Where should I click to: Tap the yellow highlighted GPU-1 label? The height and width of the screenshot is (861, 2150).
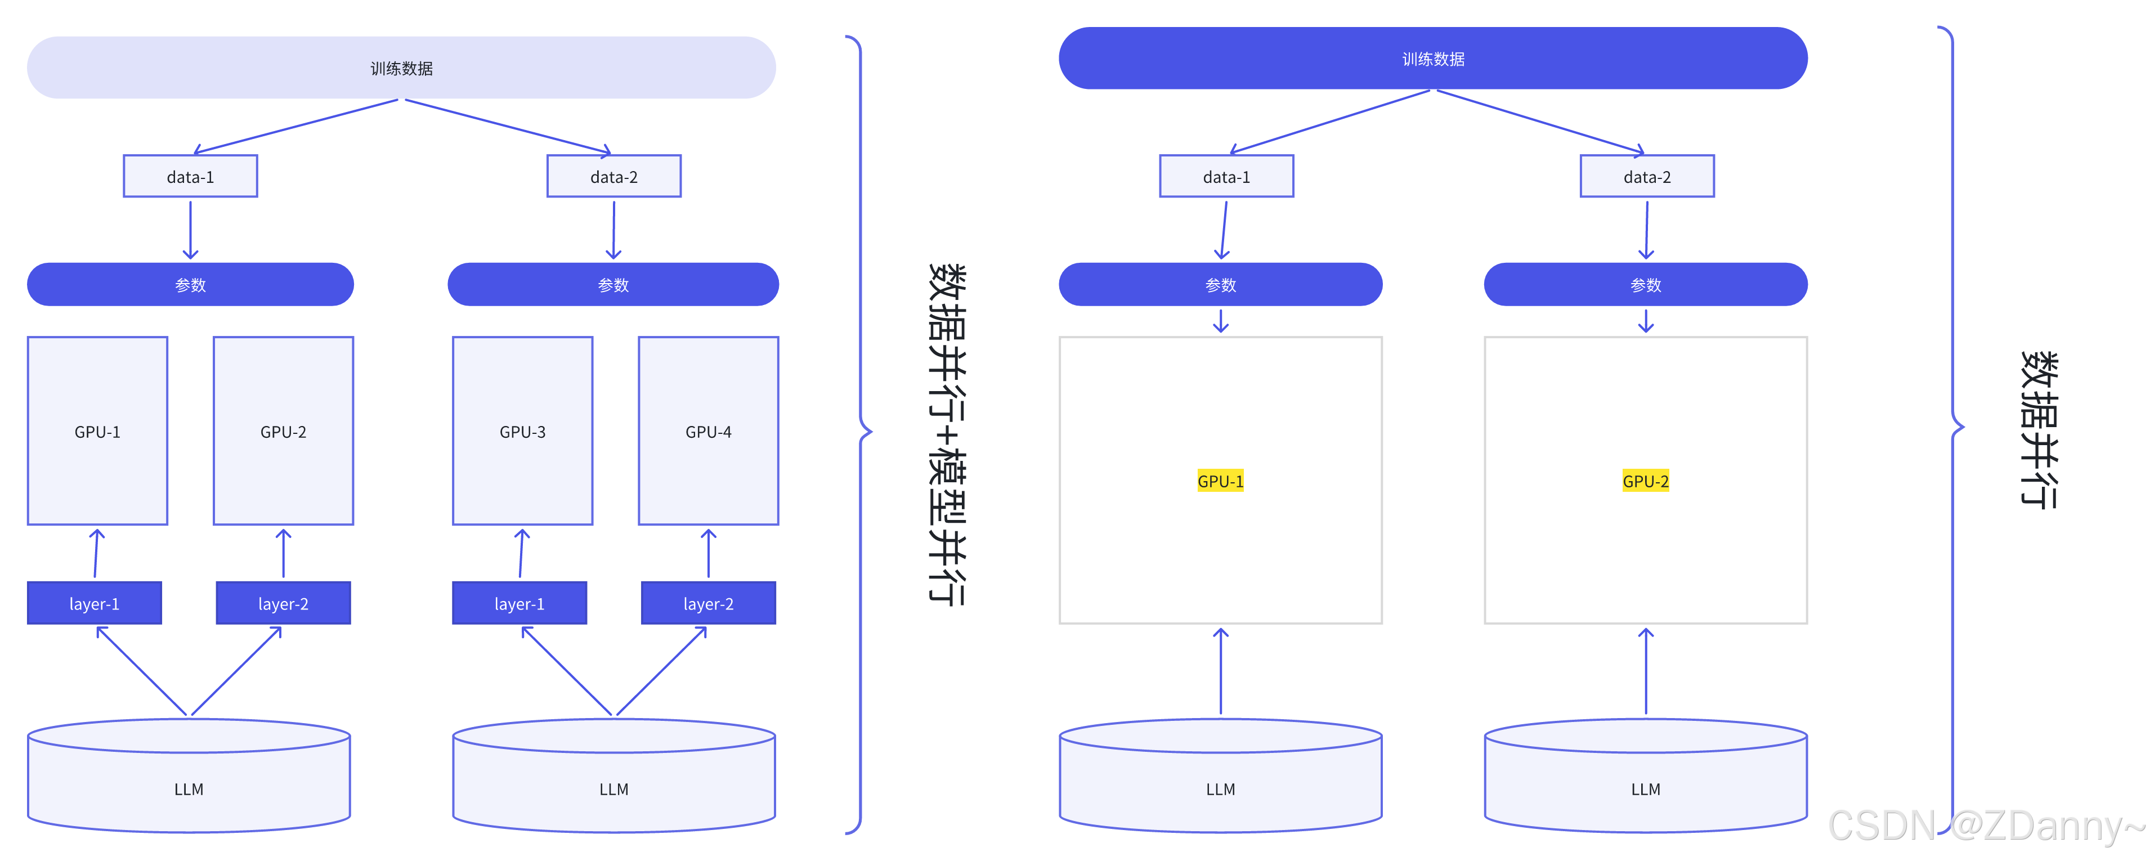1220,481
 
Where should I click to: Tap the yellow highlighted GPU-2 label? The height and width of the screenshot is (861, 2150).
1645,481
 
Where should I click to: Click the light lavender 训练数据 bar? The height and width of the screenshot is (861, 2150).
401,68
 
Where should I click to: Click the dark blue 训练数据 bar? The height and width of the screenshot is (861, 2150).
1432,59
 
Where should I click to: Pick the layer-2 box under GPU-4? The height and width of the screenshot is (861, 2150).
708,603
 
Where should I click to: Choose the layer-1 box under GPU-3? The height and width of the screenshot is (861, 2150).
519,603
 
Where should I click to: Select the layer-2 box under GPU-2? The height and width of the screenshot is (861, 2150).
283,603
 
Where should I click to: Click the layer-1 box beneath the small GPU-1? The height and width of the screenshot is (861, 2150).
95,603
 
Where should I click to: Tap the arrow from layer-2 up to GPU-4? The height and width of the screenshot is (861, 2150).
709,553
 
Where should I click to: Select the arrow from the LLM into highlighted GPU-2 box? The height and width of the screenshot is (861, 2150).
1646,671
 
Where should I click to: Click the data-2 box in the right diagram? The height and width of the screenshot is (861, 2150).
1647,176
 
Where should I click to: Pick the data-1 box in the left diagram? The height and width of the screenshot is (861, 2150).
190,176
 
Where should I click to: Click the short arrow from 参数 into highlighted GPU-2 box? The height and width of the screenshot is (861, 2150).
1646,321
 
